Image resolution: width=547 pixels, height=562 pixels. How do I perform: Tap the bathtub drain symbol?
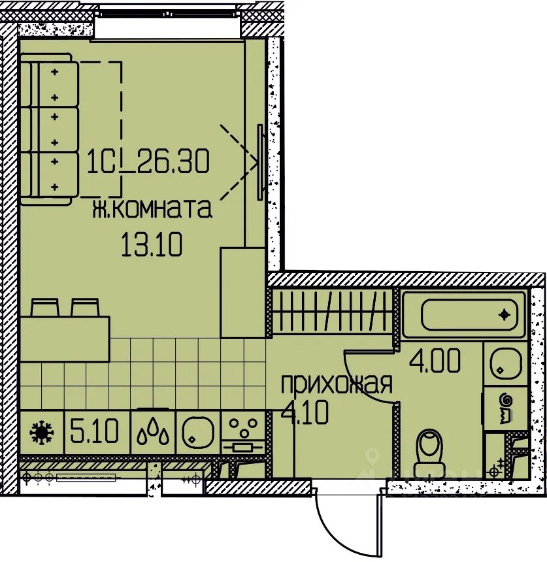(x=505, y=315)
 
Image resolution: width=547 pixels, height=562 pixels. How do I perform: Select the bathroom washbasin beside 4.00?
(x=505, y=364)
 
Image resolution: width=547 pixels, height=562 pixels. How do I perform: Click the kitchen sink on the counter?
(x=198, y=433)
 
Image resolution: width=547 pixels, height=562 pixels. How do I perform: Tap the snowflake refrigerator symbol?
(x=41, y=433)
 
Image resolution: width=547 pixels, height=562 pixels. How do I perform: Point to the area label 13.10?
(x=152, y=244)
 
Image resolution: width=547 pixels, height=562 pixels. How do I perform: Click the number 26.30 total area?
(x=173, y=161)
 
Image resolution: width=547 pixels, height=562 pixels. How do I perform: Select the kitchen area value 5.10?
(x=94, y=431)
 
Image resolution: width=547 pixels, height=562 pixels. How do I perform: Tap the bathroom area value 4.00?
(x=435, y=361)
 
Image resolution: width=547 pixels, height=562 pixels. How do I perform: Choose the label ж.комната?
(x=152, y=209)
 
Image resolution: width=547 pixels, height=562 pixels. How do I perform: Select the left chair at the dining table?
(x=45, y=308)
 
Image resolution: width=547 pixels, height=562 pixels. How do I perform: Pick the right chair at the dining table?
(x=84, y=308)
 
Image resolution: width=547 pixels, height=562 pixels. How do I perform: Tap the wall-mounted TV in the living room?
(x=261, y=162)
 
